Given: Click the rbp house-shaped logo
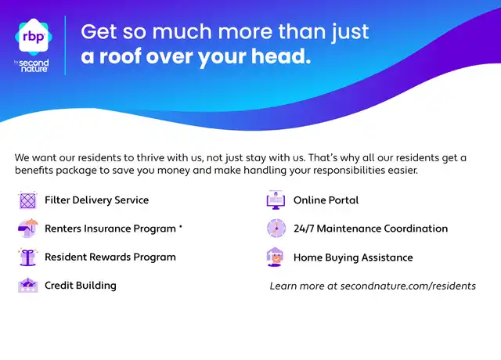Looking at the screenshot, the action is (x=34, y=37).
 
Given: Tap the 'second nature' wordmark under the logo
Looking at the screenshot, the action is (x=34, y=66).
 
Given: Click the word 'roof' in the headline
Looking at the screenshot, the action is (x=121, y=56).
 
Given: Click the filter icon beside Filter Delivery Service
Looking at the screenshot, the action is (x=28, y=200).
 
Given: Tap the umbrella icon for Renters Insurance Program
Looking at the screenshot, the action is (x=28, y=228).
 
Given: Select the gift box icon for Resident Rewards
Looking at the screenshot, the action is (x=28, y=257).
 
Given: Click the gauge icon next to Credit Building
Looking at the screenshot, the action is (x=28, y=285).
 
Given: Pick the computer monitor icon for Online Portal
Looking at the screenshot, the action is (x=276, y=200).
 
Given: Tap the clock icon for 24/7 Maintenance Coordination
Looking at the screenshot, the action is (x=276, y=228).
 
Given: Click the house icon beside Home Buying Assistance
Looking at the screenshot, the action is (x=275, y=257).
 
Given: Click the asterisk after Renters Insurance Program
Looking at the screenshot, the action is (x=181, y=226).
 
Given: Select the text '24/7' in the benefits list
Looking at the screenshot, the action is (x=304, y=229).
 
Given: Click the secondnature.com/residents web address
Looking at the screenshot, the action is (x=408, y=286).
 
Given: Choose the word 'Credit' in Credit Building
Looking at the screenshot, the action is (x=59, y=285).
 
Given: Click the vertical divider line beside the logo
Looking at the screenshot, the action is (x=66, y=45).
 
